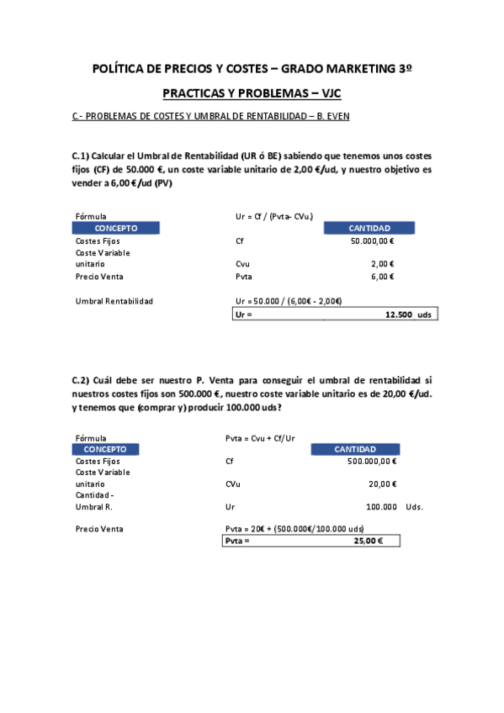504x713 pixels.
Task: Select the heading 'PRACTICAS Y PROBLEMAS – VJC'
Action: [x=252, y=93]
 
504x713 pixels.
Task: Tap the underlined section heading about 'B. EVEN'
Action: [x=210, y=116]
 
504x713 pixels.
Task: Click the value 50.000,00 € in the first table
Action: [x=372, y=241]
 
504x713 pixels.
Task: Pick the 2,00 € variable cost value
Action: [x=382, y=264]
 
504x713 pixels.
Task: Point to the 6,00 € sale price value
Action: [x=382, y=277]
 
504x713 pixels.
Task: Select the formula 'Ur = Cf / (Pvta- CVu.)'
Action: [x=275, y=216]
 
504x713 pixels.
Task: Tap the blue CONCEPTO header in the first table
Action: [x=115, y=228]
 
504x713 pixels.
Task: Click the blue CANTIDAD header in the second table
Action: [x=355, y=449]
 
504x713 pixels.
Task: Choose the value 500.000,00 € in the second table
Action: [x=372, y=462]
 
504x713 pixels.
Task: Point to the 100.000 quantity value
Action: [x=382, y=507]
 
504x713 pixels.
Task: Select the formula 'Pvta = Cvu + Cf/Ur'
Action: [x=260, y=438]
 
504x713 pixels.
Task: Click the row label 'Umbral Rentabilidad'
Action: [x=114, y=301]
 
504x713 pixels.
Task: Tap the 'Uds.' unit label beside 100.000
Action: [x=414, y=507]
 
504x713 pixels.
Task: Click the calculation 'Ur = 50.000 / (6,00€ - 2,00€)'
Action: [x=289, y=301]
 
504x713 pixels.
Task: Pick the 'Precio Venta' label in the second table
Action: [x=99, y=529]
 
